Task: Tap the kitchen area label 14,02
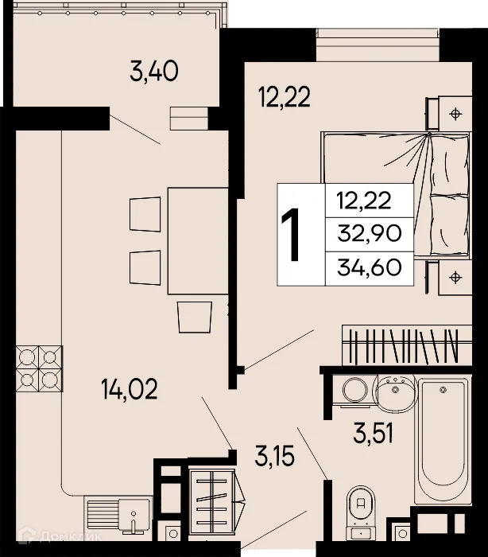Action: [130, 390]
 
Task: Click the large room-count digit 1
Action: [292, 235]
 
